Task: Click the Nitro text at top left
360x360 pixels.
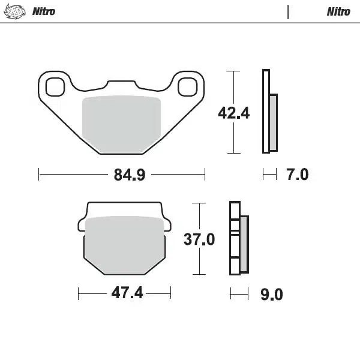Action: (44, 11)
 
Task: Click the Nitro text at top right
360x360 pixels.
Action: (338, 11)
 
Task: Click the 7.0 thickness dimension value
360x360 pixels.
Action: (297, 175)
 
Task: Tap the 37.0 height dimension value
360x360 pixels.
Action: (199, 239)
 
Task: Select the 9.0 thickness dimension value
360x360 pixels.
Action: (271, 294)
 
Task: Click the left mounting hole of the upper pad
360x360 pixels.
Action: (55, 86)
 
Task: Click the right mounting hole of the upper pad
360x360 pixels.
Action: (187, 86)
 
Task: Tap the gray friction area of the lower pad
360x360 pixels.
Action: (125, 245)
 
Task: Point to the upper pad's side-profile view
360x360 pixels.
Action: (269, 111)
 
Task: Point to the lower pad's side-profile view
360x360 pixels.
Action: (239, 239)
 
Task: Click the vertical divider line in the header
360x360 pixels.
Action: (288, 12)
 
